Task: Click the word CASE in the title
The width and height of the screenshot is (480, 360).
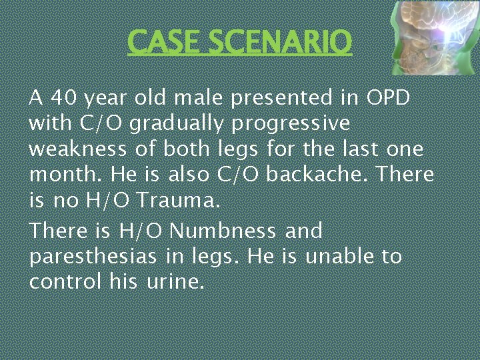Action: click(x=165, y=42)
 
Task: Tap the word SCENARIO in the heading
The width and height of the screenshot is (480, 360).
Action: click(x=279, y=42)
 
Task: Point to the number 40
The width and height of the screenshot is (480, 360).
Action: click(x=63, y=98)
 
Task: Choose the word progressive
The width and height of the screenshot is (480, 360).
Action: click(x=291, y=125)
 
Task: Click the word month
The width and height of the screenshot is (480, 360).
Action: click(x=61, y=175)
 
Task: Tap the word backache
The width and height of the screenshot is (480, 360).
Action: click(x=317, y=175)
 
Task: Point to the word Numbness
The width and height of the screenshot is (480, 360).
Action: click(x=223, y=231)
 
